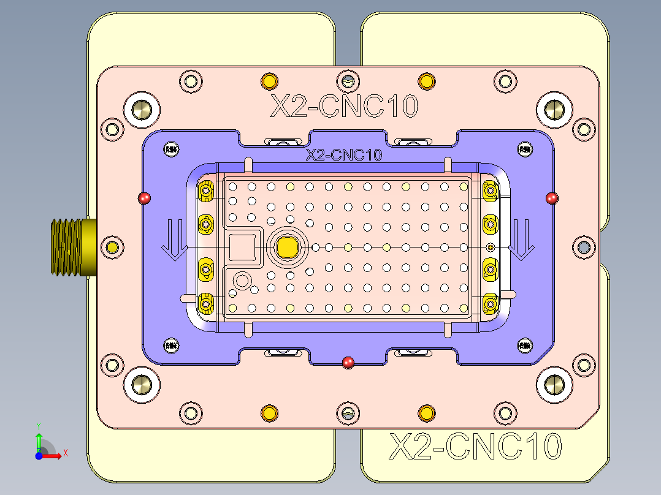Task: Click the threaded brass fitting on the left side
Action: pos(71,247)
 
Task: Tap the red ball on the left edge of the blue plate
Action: pos(145,198)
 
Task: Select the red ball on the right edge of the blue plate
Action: pos(552,197)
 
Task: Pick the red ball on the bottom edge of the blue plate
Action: pos(348,362)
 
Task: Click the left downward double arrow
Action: pos(174,240)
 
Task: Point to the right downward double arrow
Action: pos(522,240)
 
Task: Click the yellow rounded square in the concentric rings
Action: pos(287,247)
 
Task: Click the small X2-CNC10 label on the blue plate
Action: pos(344,155)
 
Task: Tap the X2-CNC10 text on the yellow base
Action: pos(476,447)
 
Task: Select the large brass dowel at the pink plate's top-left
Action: pos(142,110)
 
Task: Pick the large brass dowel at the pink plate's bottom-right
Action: pos(554,384)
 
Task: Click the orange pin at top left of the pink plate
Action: pos(269,81)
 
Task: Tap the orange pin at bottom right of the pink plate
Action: pos(426,413)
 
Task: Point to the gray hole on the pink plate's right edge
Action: pos(583,247)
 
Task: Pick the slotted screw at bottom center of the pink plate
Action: pos(348,413)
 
